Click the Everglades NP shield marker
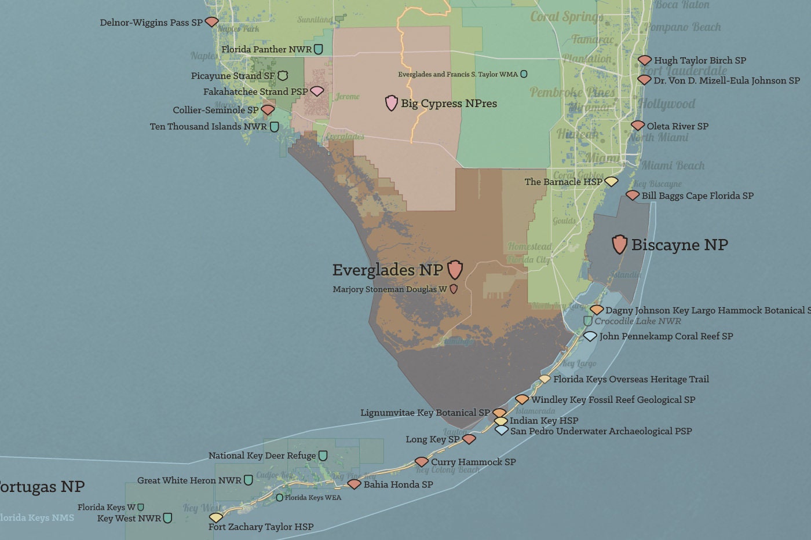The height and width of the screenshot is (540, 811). pos(455,269)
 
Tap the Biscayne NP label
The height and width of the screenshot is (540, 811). pos(679,245)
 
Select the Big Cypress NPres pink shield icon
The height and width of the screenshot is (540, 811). pos(392,103)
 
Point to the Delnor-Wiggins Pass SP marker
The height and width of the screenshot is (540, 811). pos(212,22)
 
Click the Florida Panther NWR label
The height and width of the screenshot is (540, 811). pos(266,50)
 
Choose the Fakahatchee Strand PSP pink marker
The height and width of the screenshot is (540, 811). pos(317,91)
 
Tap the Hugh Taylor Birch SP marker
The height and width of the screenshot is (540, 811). pos(645,60)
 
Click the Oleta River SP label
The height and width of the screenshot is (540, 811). pos(677,126)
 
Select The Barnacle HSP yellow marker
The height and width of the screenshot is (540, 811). pos(611,182)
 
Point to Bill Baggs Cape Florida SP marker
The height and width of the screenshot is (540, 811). pos(633,196)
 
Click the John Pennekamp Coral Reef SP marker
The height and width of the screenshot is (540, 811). pos(590,336)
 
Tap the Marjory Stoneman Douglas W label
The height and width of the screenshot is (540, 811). pos(389,289)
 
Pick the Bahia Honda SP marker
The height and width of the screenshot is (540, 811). pos(354,484)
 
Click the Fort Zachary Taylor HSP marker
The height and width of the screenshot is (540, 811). pos(216,517)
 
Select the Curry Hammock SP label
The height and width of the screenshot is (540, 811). pos(473,462)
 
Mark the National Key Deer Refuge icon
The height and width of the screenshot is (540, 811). pos(323,456)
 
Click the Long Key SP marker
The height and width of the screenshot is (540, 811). pos(469,439)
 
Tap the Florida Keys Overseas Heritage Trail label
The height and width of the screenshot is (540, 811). pos(631,380)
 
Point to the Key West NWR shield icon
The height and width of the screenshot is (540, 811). pos(167,518)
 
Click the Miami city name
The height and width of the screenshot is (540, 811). pos(601,158)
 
